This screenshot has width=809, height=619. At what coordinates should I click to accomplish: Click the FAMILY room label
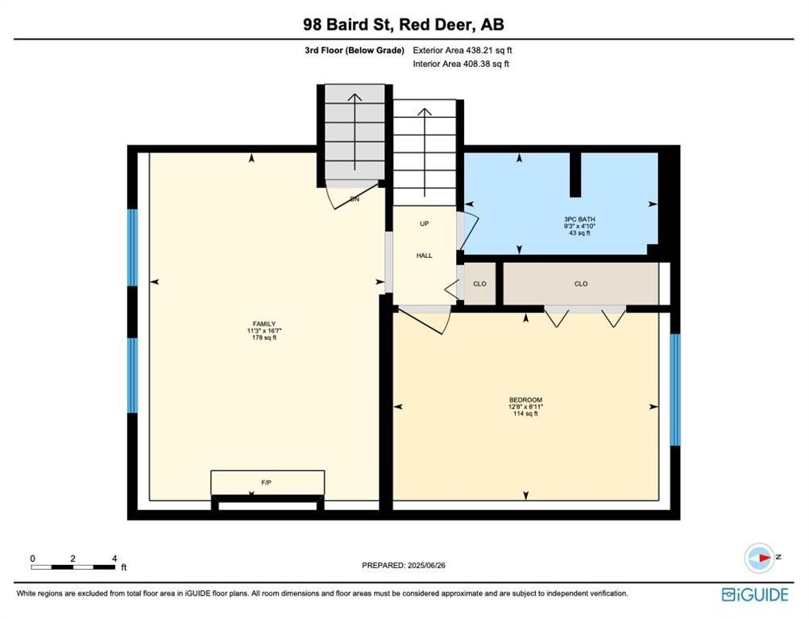pyautogui.click(x=263, y=324)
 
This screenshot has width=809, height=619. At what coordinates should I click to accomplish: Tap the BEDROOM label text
pyautogui.click(x=525, y=400)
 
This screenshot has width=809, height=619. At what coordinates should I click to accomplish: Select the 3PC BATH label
pyautogui.click(x=579, y=219)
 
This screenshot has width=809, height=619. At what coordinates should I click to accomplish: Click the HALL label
pyautogui.click(x=424, y=255)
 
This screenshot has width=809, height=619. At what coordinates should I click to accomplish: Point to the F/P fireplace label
pyautogui.click(x=266, y=483)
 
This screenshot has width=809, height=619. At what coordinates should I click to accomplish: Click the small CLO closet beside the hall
pyautogui.click(x=479, y=284)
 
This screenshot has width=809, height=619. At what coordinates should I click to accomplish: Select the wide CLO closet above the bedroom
pyautogui.click(x=581, y=284)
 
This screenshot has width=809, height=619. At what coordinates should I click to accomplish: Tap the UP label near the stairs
pyautogui.click(x=424, y=223)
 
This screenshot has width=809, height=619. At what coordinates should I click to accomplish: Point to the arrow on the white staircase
pyautogui.click(x=424, y=152)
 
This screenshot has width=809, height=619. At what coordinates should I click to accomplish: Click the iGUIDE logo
pyautogui.click(x=755, y=595)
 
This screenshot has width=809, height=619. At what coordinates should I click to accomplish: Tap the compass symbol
pyautogui.click(x=760, y=558)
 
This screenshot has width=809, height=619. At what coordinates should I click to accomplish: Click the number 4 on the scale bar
pyautogui.click(x=114, y=558)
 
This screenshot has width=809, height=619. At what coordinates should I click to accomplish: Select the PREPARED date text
pyautogui.click(x=404, y=565)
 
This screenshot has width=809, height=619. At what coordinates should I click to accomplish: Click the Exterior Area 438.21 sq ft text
pyautogui.click(x=463, y=51)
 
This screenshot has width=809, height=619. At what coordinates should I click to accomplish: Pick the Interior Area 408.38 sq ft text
pyautogui.click(x=461, y=64)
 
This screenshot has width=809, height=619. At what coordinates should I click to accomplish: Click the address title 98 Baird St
pyautogui.click(x=349, y=24)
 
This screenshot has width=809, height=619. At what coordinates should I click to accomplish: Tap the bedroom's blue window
pyautogui.click(x=675, y=390)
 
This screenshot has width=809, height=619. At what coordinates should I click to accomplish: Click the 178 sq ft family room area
pyautogui.click(x=263, y=338)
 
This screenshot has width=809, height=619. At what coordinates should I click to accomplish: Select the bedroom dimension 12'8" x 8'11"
pyautogui.click(x=525, y=407)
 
